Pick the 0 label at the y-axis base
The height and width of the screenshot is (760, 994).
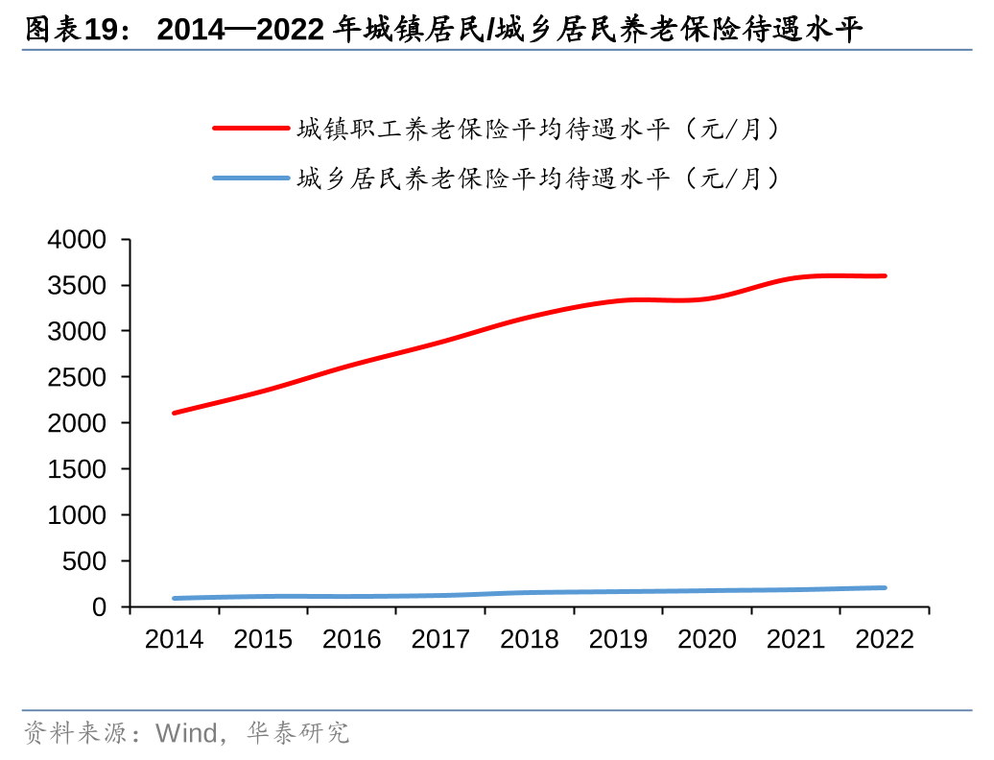click(106, 607)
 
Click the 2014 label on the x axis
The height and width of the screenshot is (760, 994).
click(175, 639)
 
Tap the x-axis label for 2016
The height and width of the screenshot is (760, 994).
click(352, 639)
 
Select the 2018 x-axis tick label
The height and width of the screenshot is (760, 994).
click(530, 639)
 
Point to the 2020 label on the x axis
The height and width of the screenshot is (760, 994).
click(707, 639)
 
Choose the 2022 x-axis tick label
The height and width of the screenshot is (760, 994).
click(885, 639)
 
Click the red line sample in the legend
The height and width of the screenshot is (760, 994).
click(250, 128)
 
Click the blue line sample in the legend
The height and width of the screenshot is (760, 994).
click(250, 178)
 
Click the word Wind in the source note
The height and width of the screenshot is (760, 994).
click(186, 734)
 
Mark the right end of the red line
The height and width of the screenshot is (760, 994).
click(885, 275)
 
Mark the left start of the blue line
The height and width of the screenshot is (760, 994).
click(175, 598)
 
